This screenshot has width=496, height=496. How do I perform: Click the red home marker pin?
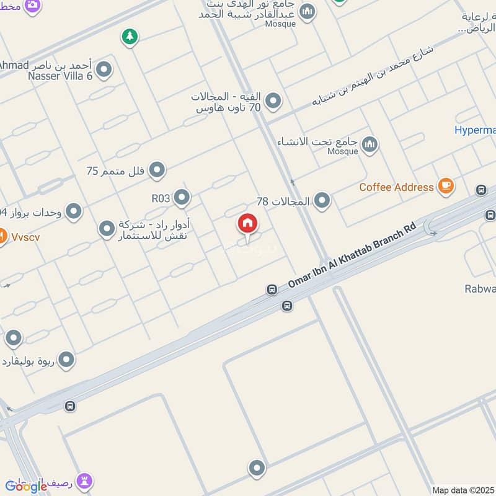click(247, 224)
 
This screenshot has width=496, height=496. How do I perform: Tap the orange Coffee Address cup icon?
click(446, 185)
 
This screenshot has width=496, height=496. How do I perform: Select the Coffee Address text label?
click(396, 187)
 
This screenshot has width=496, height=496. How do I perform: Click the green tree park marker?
click(130, 37)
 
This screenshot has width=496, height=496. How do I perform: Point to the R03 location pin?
click(182, 197)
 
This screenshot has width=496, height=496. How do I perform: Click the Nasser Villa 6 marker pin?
click(104, 69)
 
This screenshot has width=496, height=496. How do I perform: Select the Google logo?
click(26, 486)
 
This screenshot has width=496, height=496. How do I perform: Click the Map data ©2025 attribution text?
click(463, 490)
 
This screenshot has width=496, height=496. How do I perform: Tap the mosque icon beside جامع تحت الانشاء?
click(370, 145)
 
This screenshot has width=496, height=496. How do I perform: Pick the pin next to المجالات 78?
click(322, 200)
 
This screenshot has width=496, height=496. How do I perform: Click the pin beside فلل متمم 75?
click(157, 169)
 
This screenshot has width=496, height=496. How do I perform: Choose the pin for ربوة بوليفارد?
click(66, 360)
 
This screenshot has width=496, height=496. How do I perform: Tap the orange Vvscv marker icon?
click(2, 236)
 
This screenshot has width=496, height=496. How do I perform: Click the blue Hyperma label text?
click(475, 130)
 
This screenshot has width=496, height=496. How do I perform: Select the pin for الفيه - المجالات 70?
click(273, 100)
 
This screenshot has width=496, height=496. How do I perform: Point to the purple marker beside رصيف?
click(84, 480)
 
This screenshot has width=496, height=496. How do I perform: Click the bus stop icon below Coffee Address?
click(480, 190)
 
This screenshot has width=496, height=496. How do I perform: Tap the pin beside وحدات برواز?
click(74, 211)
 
